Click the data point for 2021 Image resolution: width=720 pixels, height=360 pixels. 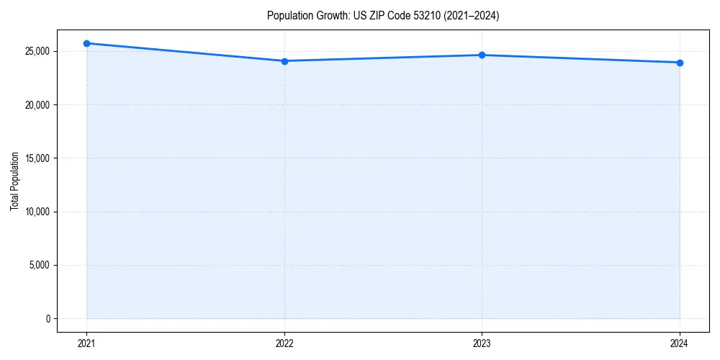pyautogui.click(x=86, y=43)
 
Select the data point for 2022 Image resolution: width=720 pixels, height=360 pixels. pyautogui.click(x=284, y=61)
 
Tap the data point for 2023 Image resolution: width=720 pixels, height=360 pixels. pyautogui.click(x=482, y=55)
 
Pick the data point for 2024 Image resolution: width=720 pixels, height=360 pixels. pyautogui.click(x=680, y=63)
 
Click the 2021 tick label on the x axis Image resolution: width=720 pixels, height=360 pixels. pyautogui.click(x=86, y=343)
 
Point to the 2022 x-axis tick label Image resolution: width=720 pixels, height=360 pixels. pyautogui.click(x=284, y=343)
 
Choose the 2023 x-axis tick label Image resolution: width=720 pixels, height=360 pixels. pyautogui.click(x=482, y=343)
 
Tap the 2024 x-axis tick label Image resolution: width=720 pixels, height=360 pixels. pyautogui.click(x=680, y=343)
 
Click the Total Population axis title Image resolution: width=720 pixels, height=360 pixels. pyautogui.click(x=15, y=181)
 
